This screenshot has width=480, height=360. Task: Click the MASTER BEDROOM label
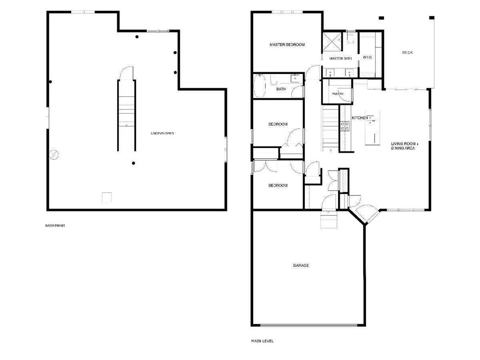[x=287, y=45]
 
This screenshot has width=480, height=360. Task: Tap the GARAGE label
[x=301, y=265]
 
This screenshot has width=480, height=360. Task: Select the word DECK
[x=407, y=52]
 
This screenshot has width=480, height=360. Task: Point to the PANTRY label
[x=337, y=94]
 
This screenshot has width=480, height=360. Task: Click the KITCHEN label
[x=360, y=118]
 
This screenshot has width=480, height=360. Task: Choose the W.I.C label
[x=367, y=57]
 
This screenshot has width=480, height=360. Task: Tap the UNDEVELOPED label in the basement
[x=162, y=134]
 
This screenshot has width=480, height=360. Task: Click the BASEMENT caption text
[x=55, y=225]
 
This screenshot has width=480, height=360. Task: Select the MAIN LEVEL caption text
[x=262, y=341]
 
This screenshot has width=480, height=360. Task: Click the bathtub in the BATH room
[x=260, y=86]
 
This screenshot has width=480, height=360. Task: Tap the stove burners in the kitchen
[x=345, y=126]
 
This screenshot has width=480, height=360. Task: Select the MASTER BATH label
[x=340, y=59]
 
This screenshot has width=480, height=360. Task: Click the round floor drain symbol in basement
[x=54, y=155]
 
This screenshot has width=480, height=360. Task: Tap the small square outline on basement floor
[x=107, y=197]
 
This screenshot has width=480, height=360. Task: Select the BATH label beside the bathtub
[x=281, y=89]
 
